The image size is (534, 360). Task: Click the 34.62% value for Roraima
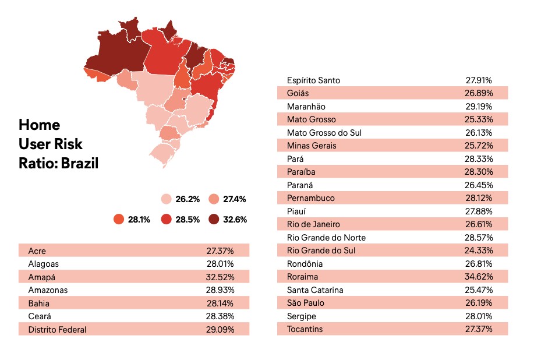pyautogui.click(x=479, y=277)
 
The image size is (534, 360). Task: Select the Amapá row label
pyautogui.click(x=41, y=277)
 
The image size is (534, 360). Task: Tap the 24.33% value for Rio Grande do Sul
pyautogui.click(x=479, y=250)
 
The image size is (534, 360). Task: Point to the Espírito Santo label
pyautogui.click(x=313, y=80)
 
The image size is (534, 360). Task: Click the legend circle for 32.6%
pyautogui.click(x=214, y=219)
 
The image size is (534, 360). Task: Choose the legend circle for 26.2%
pyautogui.click(x=166, y=199)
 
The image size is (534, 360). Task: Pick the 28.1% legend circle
pyautogui.click(x=119, y=219)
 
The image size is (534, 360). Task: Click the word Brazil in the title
pyautogui.click(x=80, y=163)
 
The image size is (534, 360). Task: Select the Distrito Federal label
pyautogui.click(x=57, y=330)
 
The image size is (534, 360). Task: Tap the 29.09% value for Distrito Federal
pyautogui.click(x=220, y=330)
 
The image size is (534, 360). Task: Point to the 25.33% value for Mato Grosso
pyautogui.click(x=479, y=119)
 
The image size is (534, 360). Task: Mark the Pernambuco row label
pyautogui.click(x=310, y=198)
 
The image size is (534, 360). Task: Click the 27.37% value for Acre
pyautogui.click(x=220, y=251)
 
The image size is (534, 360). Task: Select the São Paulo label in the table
pyautogui.click(x=306, y=303)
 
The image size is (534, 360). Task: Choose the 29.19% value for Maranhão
pyautogui.click(x=479, y=106)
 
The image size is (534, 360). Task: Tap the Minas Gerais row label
pyautogui.click(x=312, y=146)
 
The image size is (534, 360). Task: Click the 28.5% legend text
pyautogui.click(x=188, y=220)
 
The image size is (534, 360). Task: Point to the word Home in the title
pyautogui.click(x=40, y=125)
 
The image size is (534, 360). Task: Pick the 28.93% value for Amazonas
pyautogui.click(x=220, y=290)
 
